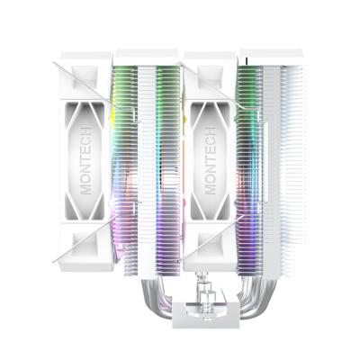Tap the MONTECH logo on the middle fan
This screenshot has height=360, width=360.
(x=210, y=149)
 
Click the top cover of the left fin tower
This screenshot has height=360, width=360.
(x=147, y=58)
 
